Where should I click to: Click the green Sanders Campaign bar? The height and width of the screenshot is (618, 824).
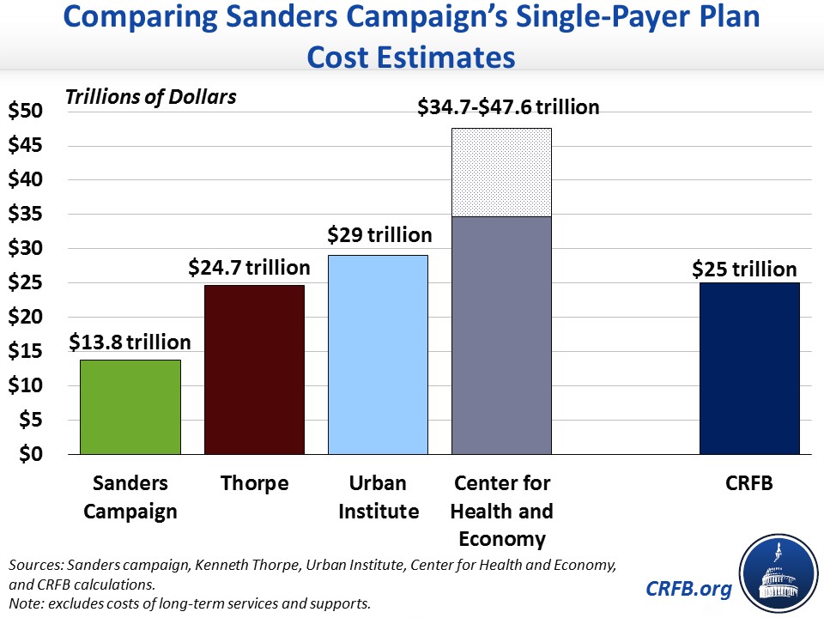(x=130, y=407)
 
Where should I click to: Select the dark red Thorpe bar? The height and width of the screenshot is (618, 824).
(x=254, y=369)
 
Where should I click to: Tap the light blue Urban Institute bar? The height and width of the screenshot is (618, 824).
(x=378, y=354)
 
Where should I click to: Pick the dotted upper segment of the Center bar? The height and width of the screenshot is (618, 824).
(x=501, y=173)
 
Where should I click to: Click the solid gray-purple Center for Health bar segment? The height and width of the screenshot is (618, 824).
(x=501, y=335)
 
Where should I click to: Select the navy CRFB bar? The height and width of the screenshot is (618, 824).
(x=749, y=368)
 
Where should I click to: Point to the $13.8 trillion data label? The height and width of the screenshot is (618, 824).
(x=130, y=342)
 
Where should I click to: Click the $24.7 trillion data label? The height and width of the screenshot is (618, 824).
(x=251, y=268)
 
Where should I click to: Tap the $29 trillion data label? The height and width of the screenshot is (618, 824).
(x=379, y=234)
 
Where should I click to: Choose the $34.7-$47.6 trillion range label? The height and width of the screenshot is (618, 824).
(x=508, y=107)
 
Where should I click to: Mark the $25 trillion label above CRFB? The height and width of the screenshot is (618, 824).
(x=745, y=269)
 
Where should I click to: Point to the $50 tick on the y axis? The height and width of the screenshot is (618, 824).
(x=25, y=112)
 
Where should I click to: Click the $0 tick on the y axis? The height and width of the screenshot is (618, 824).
(x=30, y=454)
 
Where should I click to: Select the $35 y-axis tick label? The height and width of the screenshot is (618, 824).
(x=25, y=215)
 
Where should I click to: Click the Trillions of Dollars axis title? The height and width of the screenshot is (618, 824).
(x=151, y=96)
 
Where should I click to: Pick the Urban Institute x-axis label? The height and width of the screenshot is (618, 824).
(x=379, y=498)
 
